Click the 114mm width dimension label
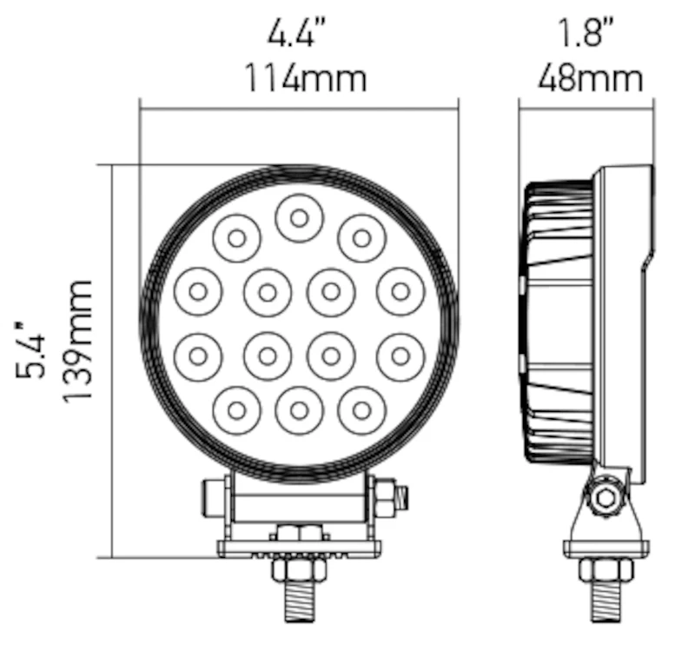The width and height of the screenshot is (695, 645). tap(306, 78)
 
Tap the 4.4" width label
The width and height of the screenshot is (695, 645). tap(297, 31)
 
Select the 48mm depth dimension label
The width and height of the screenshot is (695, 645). tap(590, 78)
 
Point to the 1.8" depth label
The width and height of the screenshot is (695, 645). tap(586, 31)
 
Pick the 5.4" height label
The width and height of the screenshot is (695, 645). tap(30, 350)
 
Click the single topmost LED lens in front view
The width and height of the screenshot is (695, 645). tap(299, 218)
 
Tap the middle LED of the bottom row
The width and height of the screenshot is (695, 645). tap(299, 410)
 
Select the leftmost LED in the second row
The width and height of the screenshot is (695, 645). tap(198, 292)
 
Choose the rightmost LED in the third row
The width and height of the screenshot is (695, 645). tap(400, 356)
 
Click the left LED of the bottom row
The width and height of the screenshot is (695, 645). tap(236, 410)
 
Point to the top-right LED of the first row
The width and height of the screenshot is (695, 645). tap(361, 238)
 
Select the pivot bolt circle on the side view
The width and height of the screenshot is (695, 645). tap(606, 497)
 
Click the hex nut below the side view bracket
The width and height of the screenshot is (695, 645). tap(606, 569)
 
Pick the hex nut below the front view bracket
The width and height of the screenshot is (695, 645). tap(300, 570)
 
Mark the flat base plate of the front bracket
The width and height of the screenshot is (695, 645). tap(300, 549)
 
